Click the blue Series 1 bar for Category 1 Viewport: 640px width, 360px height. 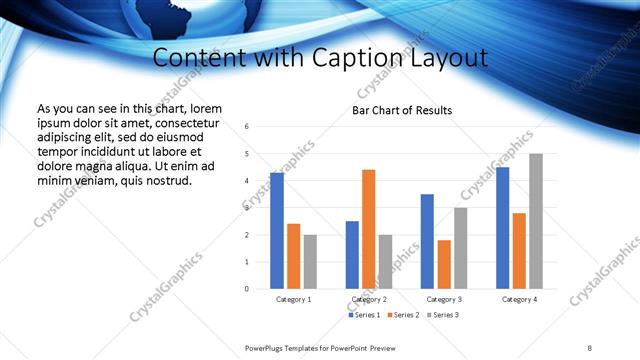(x=277, y=231)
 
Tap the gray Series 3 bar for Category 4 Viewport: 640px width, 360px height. (x=536, y=221)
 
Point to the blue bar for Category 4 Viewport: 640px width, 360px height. (x=502, y=228)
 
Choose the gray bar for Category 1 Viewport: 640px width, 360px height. (x=310, y=262)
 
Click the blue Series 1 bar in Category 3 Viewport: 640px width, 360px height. (x=427, y=241)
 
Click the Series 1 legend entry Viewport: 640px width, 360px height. (x=365, y=315)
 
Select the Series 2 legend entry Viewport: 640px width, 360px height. (x=404, y=315)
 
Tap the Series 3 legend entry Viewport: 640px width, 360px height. (x=444, y=315)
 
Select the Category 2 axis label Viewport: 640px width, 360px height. (x=368, y=299)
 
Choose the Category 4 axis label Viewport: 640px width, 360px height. (x=519, y=299)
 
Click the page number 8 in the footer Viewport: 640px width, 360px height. (x=590, y=347)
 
